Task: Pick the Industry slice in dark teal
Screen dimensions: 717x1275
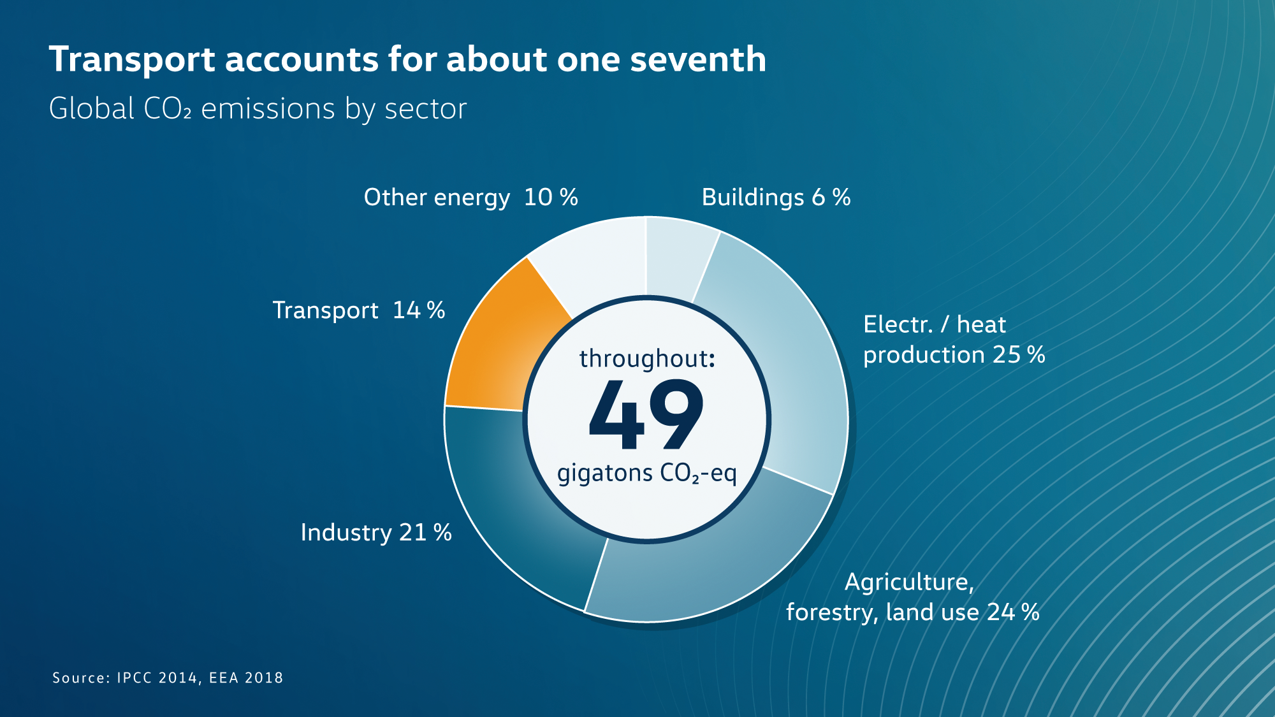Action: [510, 510]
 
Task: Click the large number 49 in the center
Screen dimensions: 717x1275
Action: [646, 414]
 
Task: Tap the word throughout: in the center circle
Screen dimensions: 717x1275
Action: [646, 359]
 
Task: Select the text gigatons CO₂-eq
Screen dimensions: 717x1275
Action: [646, 474]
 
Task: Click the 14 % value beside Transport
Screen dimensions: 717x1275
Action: [419, 310]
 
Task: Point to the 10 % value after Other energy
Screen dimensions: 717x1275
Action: [551, 198]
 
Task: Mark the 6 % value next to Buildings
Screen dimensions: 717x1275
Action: [831, 198]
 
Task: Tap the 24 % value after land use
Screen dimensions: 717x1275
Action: [1013, 612]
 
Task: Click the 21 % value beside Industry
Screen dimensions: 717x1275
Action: [425, 533]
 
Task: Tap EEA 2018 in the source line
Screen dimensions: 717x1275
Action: [246, 678]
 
